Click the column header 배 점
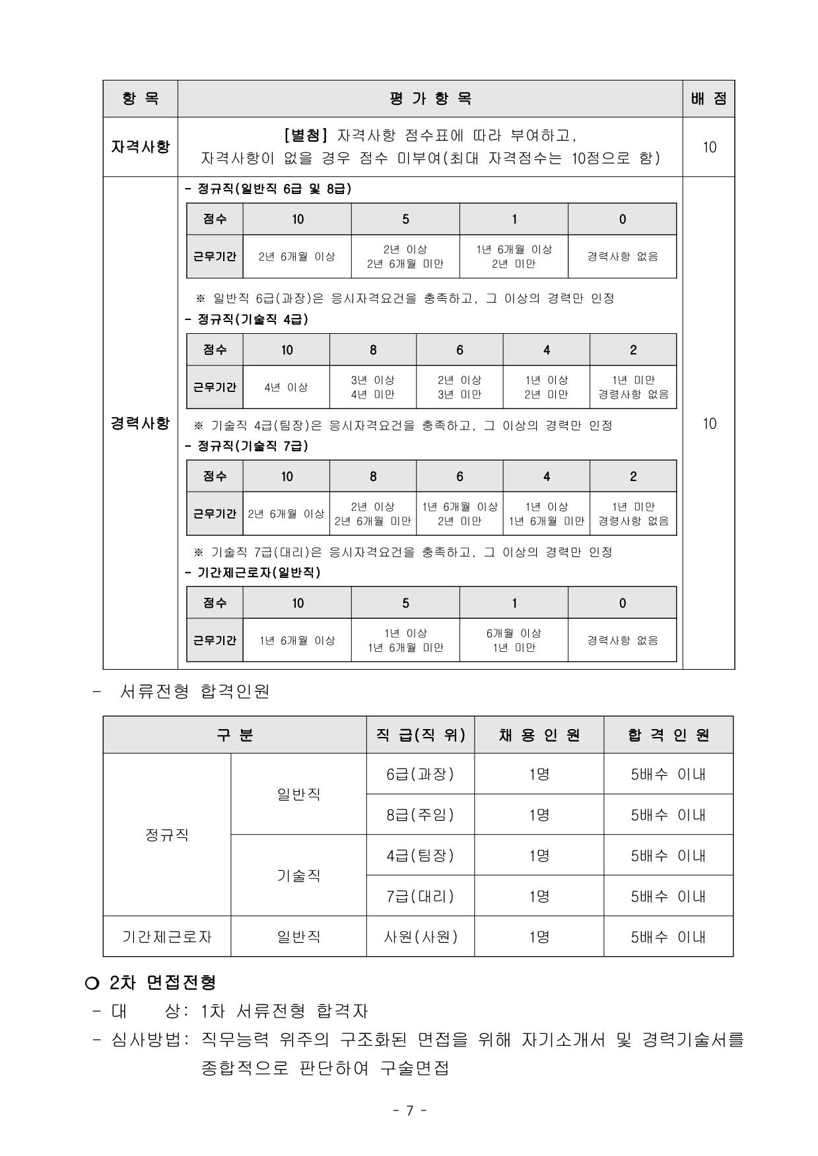(x=708, y=99)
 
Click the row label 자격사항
(x=140, y=146)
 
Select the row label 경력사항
(x=140, y=423)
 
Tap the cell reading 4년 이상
(x=286, y=387)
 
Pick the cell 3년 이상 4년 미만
(x=372, y=387)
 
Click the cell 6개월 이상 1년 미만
(x=514, y=640)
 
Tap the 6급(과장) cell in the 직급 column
(x=420, y=774)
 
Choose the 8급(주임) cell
(x=420, y=815)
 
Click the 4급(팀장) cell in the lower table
(x=420, y=856)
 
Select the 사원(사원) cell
(x=420, y=936)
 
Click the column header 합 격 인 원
(x=668, y=735)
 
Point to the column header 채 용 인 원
(x=539, y=735)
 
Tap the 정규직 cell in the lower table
(x=167, y=835)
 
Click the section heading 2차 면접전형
(x=162, y=982)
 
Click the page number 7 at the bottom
(x=409, y=1110)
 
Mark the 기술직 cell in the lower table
(x=298, y=876)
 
